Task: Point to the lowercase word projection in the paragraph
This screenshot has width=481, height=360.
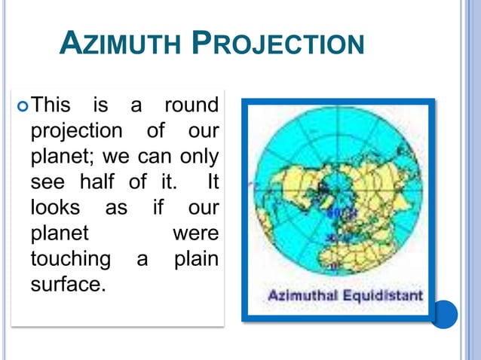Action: (75, 130)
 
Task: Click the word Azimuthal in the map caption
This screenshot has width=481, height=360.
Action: (302, 295)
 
